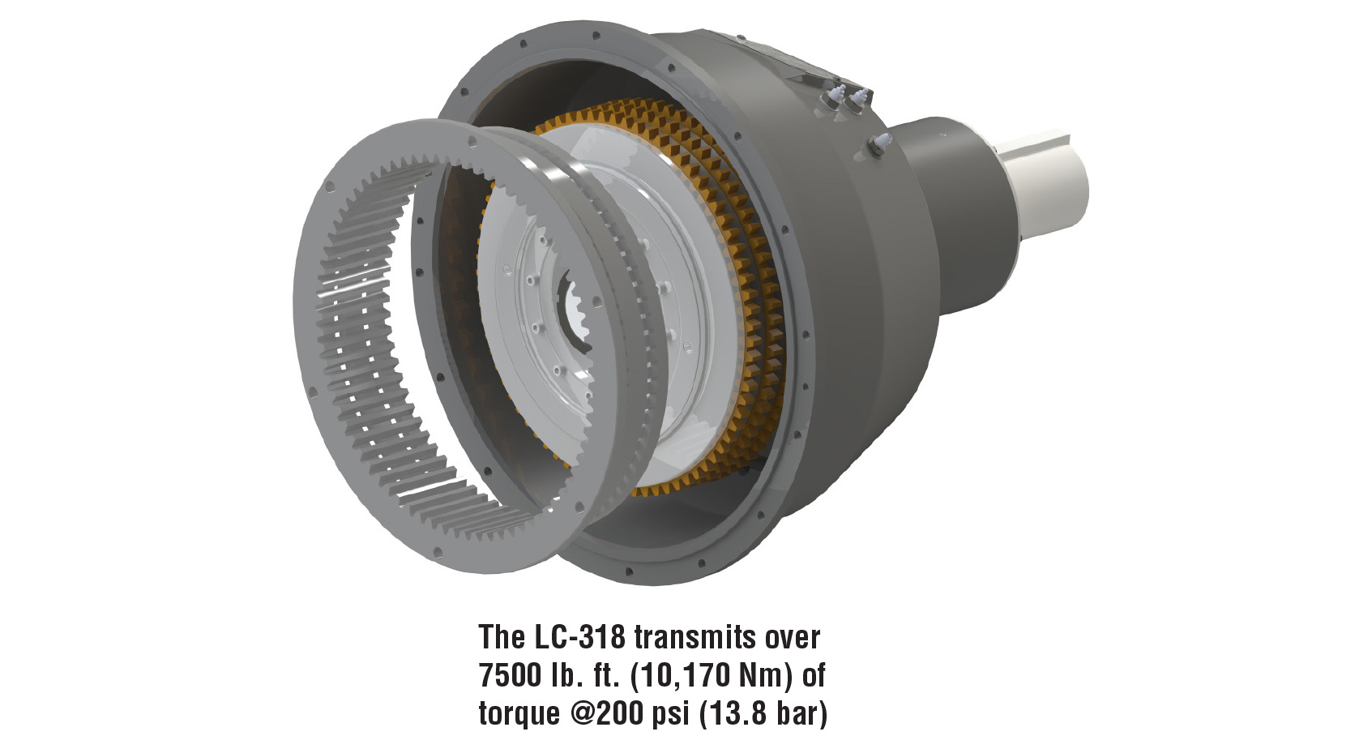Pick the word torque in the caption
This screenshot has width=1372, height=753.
click(518, 715)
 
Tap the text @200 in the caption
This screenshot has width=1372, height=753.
click(602, 714)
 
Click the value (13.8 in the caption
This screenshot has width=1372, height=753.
click(733, 715)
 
